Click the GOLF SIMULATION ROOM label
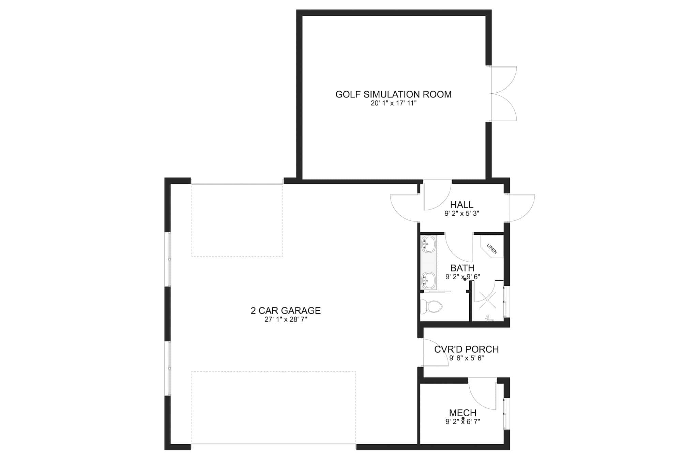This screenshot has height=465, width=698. (x=393, y=94)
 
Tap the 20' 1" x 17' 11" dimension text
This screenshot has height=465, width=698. (x=394, y=103)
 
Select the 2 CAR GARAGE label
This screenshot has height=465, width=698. (x=286, y=311)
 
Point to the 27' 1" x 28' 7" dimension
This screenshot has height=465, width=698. (x=286, y=320)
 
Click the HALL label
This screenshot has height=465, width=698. (x=462, y=205)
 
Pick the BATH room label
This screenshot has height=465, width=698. (x=462, y=268)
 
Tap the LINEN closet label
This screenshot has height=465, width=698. (x=492, y=249)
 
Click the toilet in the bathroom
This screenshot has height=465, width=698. (x=431, y=307)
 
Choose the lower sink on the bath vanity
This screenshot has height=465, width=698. (x=428, y=280)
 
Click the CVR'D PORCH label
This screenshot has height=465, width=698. (x=466, y=350)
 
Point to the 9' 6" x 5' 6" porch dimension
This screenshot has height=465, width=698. (x=466, y=358)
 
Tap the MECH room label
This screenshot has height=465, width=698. (x=462, y=413)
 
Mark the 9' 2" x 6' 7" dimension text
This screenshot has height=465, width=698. (x=462, y=422)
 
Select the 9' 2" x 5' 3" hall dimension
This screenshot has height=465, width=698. (x=462, y=214)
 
